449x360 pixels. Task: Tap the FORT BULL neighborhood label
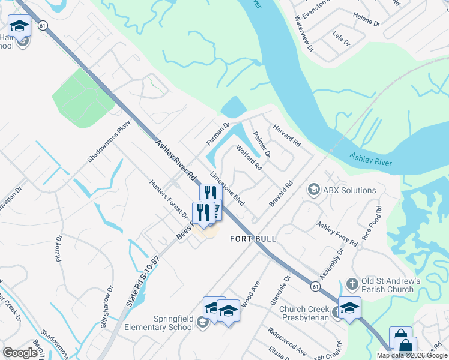(x=253, y=239)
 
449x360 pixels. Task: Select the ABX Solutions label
(x=349, y=190)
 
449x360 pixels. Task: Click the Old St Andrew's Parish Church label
(x=387, y=286)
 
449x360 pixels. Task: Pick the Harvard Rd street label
(x=286, y=136)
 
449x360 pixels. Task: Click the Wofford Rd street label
(x=249, y=157)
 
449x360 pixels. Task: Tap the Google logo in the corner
(x=20, y=353)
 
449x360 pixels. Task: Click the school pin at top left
(x=19, y=27)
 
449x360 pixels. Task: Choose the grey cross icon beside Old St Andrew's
(x=352, y=282)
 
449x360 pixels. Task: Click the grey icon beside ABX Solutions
(x=313, y=190)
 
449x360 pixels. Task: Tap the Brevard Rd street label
(x=280, y=193)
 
